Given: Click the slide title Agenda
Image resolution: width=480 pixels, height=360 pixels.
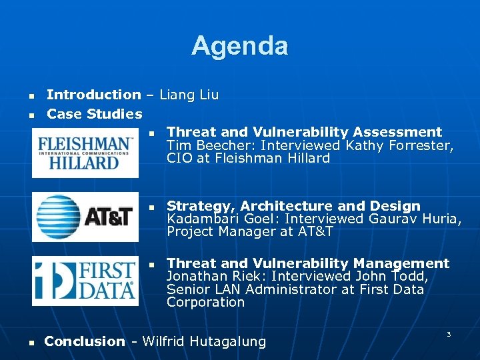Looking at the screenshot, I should click(239, 46).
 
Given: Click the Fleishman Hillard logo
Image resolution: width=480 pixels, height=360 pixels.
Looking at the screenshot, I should click(85, 153).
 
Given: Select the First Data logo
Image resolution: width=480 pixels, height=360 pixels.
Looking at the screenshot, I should click(85, 281).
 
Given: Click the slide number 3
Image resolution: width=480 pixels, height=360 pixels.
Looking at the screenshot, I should click(448, 334).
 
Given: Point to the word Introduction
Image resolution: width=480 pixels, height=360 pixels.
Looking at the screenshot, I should click(93, 95).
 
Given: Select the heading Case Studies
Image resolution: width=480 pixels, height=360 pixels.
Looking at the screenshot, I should click(94, 114).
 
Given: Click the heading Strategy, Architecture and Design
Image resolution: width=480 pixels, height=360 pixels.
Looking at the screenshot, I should click(293, 206).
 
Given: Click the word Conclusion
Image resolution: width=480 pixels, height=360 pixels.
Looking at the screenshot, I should click(84, 342).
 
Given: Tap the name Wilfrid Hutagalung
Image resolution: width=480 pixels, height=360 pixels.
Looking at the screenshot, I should click(204, 342).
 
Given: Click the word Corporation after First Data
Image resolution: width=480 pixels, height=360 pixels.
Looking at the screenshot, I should click(205, 302).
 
